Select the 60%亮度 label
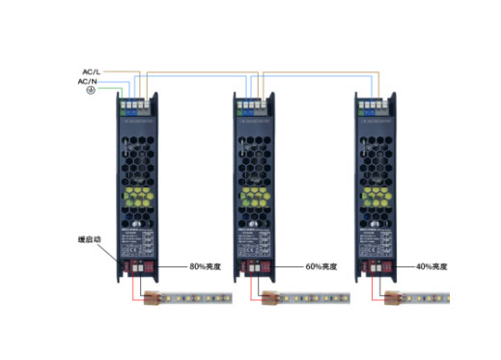[322, 265]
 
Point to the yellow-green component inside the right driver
[376, 199]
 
